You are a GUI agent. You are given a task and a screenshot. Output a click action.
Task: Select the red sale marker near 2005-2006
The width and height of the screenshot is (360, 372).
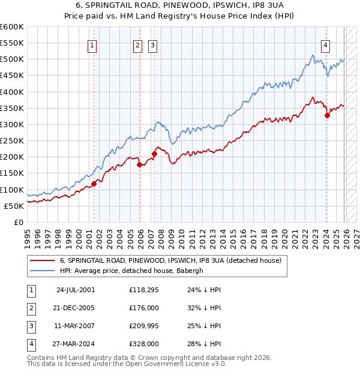coord(139,164)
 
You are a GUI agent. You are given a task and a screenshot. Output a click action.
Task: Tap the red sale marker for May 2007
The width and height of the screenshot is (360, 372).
coord(154,154)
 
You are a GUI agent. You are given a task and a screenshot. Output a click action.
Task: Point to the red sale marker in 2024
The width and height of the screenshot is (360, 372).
coord(327,116)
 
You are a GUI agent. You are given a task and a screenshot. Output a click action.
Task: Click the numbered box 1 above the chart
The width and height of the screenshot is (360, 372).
coord(92,45)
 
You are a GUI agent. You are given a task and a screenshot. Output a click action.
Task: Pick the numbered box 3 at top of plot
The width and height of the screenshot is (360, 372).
coord(152,45)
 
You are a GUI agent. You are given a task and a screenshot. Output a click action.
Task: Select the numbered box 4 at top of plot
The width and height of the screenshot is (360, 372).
coord(325,45)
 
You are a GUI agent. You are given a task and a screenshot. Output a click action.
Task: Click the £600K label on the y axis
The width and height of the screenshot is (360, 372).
coord(11,27)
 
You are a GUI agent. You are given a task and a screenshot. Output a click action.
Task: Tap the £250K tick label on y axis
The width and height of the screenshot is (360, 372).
coord(11,140)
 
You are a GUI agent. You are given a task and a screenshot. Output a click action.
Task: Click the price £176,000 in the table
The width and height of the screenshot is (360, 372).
coord(143,308)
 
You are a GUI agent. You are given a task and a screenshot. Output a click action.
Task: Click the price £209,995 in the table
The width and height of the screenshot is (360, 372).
coord(143,326)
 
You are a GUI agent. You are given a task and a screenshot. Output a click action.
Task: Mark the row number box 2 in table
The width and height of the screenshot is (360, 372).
coord(30,308)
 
